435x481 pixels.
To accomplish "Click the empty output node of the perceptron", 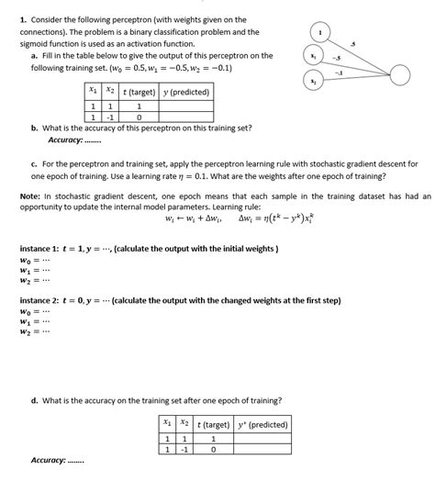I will pyautogui.click(x=400, y=75).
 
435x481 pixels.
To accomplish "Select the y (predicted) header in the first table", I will pyautogui.click(x=187, y=92).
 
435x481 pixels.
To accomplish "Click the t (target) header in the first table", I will pyautogui.click(x=138, y=92).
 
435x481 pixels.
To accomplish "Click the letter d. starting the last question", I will pyautogui.click(x=34, y=400).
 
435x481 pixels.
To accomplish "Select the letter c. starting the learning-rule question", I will pyautogui.click(x=34, y=162).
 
